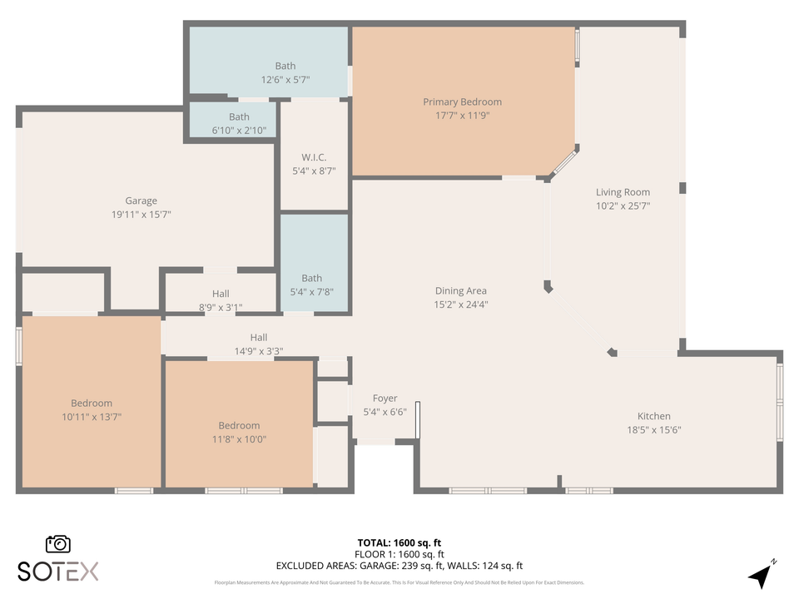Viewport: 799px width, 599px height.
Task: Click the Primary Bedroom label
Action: click(x=462, y=102)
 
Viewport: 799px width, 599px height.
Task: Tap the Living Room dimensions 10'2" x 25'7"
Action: click(x=623, y=205)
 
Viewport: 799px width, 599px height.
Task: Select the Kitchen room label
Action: click(x=653, y=416)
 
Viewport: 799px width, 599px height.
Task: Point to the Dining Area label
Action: click(x=460, y=291)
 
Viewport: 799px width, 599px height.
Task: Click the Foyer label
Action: click(x=385, y=399)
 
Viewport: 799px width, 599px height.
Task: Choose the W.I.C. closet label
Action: click(x=314, y=157)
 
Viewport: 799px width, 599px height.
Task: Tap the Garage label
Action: click(x=141, y=200)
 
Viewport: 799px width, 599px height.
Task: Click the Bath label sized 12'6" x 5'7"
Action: click(x=285, y=66)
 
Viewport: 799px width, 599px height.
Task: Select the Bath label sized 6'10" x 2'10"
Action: click(x=239, y=116)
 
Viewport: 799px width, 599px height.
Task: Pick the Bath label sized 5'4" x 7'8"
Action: click(x=312, y=278)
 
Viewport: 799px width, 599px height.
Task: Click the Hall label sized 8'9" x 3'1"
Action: click(x=221, y=294)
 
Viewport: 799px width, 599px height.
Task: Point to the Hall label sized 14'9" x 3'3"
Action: click(x=259, y=337)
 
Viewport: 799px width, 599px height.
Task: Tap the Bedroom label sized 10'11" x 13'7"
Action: click(x=92, y=403)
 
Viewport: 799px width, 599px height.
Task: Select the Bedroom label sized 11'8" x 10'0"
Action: click(x=239, y=425)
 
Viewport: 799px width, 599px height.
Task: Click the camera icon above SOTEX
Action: click(x=58, y=543)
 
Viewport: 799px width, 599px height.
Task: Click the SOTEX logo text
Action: click(x=58, y=571)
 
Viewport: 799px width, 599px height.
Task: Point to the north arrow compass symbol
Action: click(x=761, y=574)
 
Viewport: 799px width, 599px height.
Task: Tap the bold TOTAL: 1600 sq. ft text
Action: click(x=399, y=542)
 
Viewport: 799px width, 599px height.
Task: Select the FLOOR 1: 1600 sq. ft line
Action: click(x=399, y=554)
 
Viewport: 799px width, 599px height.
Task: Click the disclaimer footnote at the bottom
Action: click(x=399, y=582)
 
